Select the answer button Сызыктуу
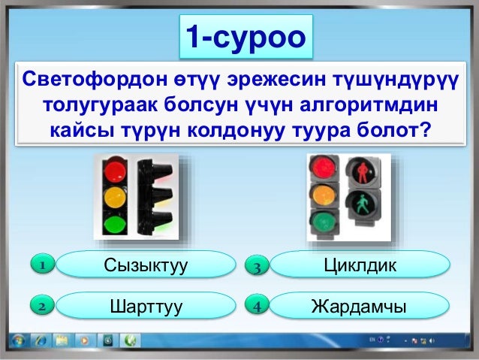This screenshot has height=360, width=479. pos(146,265)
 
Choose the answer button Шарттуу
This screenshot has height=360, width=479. pos(146,307)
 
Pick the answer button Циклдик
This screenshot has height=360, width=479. pos(359,265)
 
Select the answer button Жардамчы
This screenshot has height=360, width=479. pos(359,307)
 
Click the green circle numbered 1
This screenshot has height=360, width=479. pos(44,265)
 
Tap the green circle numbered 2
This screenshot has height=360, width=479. pos(44,307)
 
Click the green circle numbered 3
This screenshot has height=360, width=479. pos(256,266)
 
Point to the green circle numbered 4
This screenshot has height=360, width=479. pos(256,307)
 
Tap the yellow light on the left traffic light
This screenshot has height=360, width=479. pos(114,197)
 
